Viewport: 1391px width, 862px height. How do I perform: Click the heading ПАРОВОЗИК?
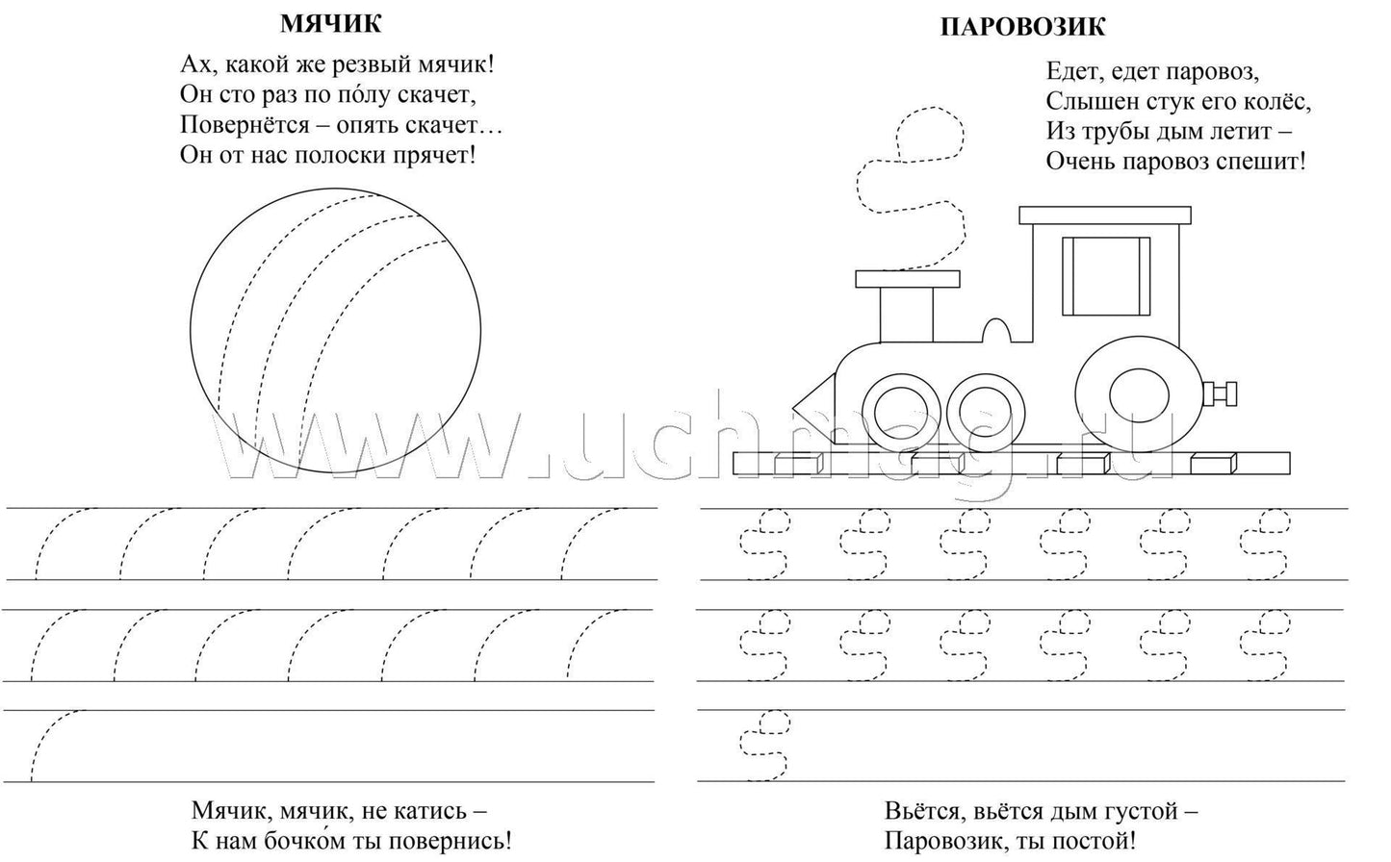pyautogui.click(x=1021, y=27)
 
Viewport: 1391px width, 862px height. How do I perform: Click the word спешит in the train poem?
pyautogui.click(x=1260, y=161)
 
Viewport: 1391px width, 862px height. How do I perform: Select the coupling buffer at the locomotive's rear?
pyautogui.click(x=1223, y=393)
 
